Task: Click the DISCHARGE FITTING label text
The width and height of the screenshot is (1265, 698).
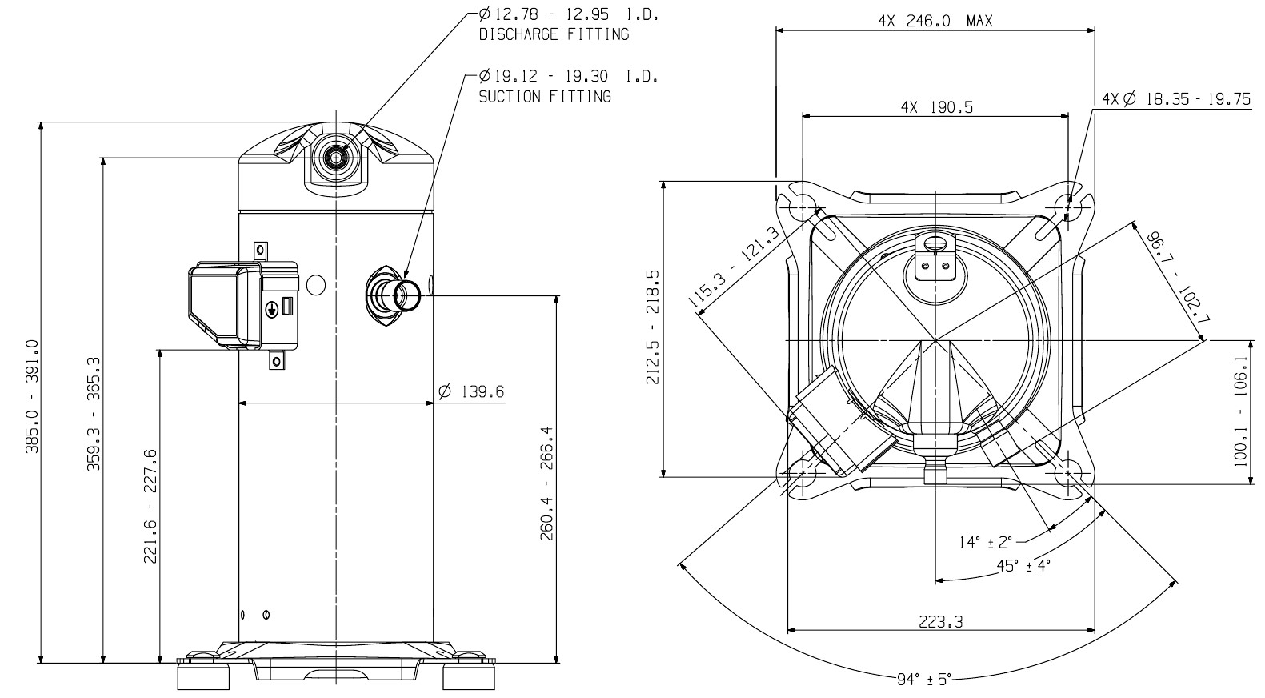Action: point(554,34)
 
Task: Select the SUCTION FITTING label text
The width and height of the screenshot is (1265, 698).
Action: point(545,97)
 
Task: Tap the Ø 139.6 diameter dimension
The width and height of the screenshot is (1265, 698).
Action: point(471,391)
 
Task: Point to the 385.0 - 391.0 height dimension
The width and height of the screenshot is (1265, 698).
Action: point(32,396)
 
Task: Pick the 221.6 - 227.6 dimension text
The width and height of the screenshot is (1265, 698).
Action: point(150,507)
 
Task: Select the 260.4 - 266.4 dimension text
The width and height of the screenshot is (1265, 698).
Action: point(546,483)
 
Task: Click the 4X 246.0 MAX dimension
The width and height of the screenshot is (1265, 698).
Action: point(935,21)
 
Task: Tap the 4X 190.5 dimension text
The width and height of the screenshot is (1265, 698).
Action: point(937,106)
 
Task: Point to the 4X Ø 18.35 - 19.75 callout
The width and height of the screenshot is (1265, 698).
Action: point(1176,99)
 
